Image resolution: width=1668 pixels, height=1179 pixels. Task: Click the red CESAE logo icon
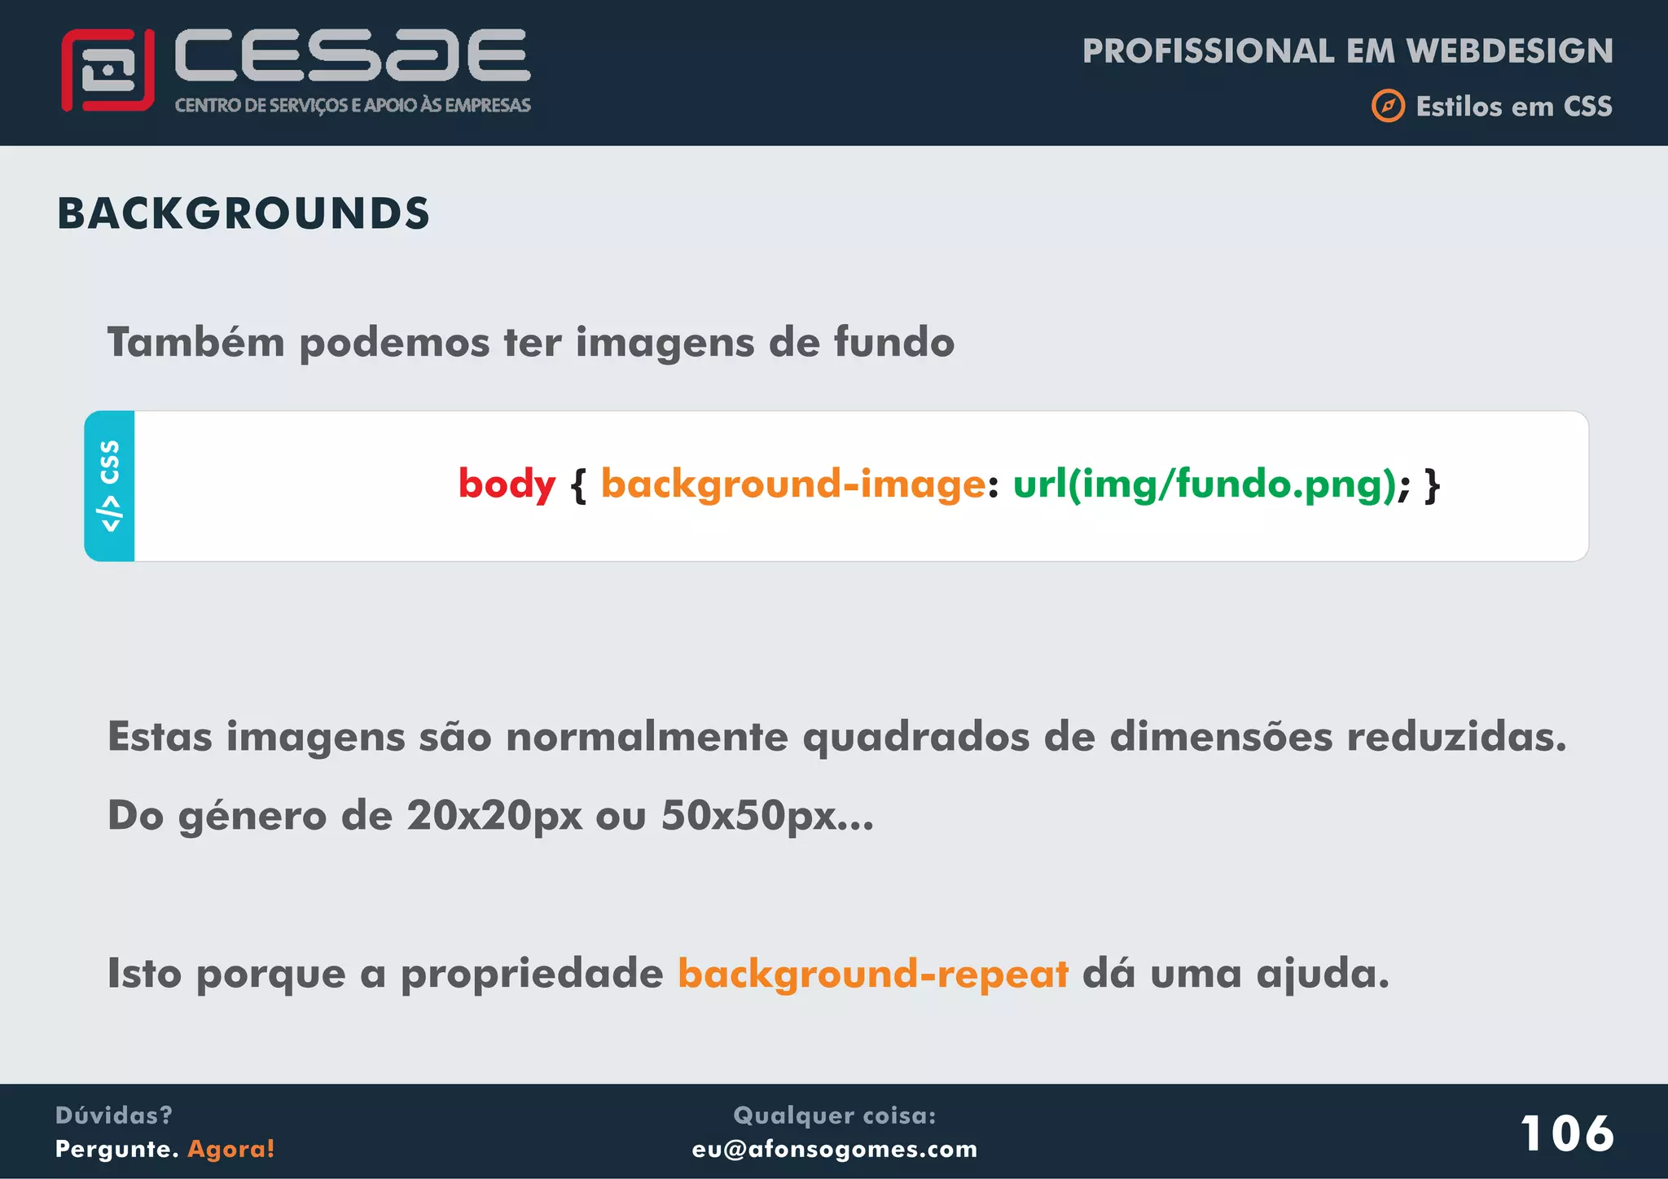point(108,70)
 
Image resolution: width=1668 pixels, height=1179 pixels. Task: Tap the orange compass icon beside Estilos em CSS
point(1388,106)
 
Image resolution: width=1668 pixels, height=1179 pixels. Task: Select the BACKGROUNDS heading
point(244,214)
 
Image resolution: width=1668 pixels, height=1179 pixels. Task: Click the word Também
point(196,342)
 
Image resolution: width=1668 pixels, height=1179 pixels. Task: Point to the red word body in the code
point(507,484)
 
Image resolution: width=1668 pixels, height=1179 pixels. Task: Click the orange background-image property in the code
point(793,484)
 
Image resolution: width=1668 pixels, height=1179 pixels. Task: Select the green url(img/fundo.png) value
point(1205,484)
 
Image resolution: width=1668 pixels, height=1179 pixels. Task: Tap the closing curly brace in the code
point(1432,485)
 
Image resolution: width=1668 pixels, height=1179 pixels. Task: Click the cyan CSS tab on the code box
point(109,486)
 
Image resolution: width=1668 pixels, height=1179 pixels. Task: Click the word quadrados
point(915,738)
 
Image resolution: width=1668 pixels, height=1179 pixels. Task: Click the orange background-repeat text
point(872,974)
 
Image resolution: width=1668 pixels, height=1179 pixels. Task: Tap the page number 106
point(1566,1133)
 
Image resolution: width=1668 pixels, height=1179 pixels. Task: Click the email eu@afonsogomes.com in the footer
point(834,1149)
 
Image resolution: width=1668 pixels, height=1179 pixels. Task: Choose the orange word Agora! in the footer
point(231,1149)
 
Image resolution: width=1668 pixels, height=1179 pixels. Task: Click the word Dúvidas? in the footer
point(114,1115)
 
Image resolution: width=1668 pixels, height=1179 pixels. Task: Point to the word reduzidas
point(1456,738)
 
